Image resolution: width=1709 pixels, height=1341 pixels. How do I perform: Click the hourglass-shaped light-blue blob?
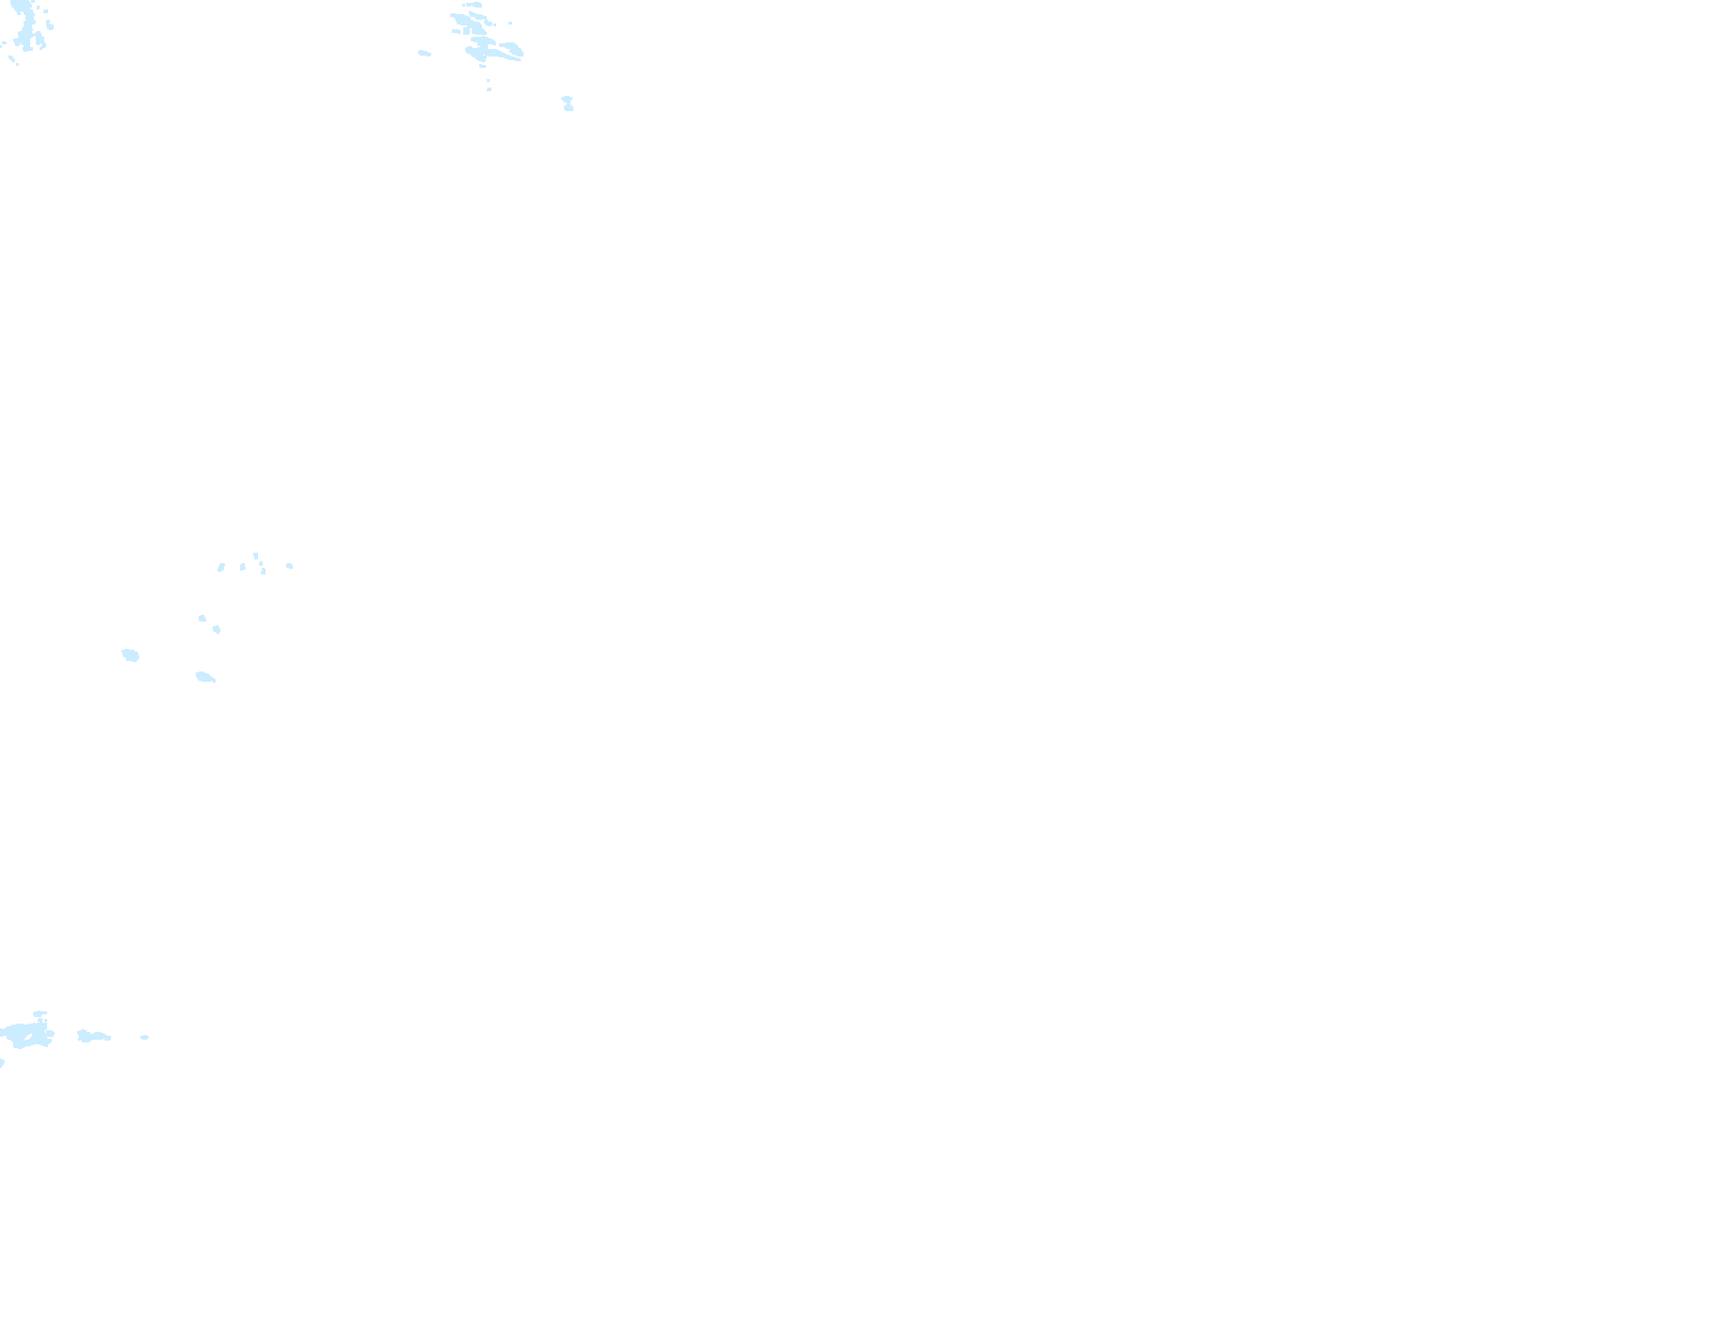pyautogui.click(x=568, y=103)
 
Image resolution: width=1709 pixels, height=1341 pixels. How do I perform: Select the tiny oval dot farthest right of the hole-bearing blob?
pyautogui.click(x=145, y=1037)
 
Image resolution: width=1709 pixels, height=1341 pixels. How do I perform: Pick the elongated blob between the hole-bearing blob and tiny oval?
pyautogui.click(x=92, y=1036)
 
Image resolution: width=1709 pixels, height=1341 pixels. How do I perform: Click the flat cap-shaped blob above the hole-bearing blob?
pyautogui.click(x=40, y=1014)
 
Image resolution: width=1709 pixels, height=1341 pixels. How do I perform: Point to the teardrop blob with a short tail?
pyautogui.click(x=205, y=676)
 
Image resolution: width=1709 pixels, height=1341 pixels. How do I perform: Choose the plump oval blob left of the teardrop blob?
pyautogui.click(x=130, y=654)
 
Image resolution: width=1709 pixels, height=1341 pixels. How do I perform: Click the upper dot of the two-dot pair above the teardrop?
pyautogui.click(x=202, y=618)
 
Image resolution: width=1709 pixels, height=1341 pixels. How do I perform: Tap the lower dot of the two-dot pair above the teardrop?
pyautogui.click(x=217, y=629)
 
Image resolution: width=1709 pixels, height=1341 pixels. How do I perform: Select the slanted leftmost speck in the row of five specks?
pyautogui.click(x=221, y=567)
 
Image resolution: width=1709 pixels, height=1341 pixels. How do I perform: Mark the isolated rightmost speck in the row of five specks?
pyautogui.click(x=289, y=566)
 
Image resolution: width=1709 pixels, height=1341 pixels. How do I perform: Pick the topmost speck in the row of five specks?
pyautogui.click(x=255, y=556)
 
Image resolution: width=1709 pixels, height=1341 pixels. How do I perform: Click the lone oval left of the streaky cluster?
pyautogui.click(x=425, y=53)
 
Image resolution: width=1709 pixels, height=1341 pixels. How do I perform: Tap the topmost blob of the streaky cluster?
pyautogui.click(x=472, y=5)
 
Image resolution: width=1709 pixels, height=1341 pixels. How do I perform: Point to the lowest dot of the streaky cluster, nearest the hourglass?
pyautogui.click(x=489, y=89)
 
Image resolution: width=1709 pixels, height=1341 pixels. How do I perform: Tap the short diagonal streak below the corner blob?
pyautogui.click(x=13, y=61)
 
